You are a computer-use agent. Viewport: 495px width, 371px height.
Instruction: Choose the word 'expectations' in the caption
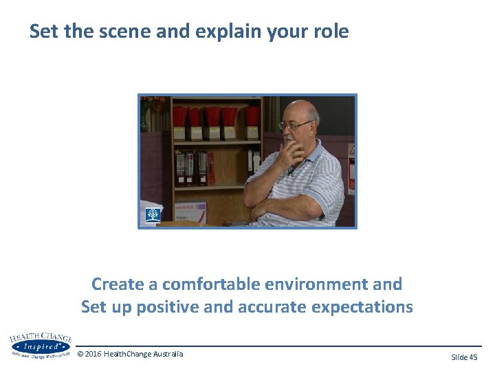pyautogui.click(x=362, y=306)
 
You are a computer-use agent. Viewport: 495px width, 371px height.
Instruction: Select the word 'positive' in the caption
pyautogui.click(x=168, y=306)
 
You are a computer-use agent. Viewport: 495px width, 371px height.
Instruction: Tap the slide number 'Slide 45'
pyautogui.click(x=464, y=357)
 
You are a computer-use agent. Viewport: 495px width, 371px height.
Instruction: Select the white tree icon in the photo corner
pyautogui.click(x=152, y=215)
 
